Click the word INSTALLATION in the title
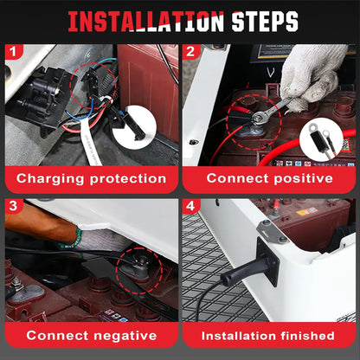[x=146, y=22]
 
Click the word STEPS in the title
[x=265, y=22]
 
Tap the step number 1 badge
[x=13, y=52]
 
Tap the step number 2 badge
[x=190, y=52]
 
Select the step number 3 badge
[x=13, y=206]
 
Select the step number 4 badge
[x=190, y=206]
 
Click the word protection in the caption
[x=128, y=179]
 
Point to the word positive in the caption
[x=303, y=179]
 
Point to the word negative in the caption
[x=125, y=336]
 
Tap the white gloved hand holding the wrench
[x=313, y=75]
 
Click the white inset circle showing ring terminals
[x=321, y=139]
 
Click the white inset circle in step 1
[x=134, y=127]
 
